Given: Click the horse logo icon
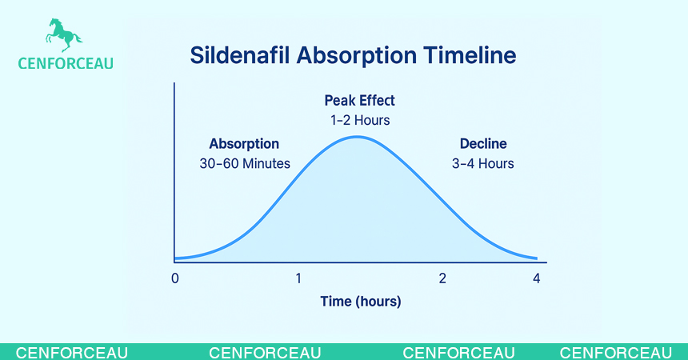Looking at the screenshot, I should pyautogui.click(x=63, y=36).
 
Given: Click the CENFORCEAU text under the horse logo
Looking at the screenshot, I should pyautogui.click(x=65, y=63).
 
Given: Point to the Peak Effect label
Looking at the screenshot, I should pyautogui.click(x=359, y=101).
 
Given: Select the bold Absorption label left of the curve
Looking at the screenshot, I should pyautogui.click(x=244, y=144).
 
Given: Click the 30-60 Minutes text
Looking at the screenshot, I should pyautogui.click(x=244, y=163).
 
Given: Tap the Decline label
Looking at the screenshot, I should pyautogui.click(x=482, y=144).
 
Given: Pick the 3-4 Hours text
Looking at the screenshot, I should pyautogui.click(x=482, y=163).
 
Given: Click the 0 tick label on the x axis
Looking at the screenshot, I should pyautogui.click(x=174, y=278).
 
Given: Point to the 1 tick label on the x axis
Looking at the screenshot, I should pyautogui.click(x=298, y=278).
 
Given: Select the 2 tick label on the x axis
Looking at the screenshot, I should pyautogui.click(x=442, y=278).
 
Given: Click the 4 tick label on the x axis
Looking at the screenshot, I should pyautogui.click(x=537, y=278).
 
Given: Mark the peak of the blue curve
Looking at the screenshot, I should pyautogui.click(x=357, y=137).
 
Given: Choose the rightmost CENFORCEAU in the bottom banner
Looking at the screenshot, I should pyautogui.click(x=615, y=353).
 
